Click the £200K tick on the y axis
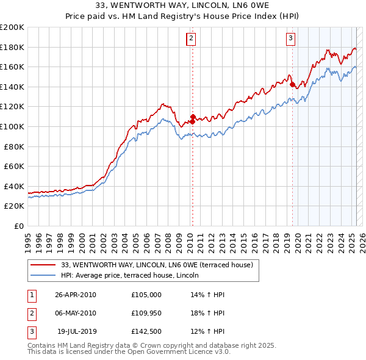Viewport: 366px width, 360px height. (12, 27)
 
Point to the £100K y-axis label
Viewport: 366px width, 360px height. (12, 126)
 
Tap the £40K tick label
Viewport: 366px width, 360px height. (14, 186)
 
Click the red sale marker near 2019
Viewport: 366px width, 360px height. (292, 84)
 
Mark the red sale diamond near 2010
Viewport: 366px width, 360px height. (193, 117)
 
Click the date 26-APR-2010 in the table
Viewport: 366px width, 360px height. (76, 295)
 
